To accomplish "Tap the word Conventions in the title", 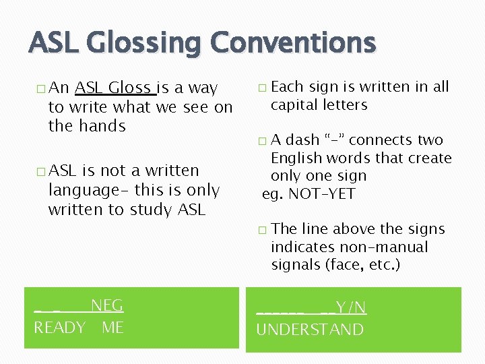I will point(293,42).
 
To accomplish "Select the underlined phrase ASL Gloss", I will point(113,88).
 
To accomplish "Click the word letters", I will point(346,105).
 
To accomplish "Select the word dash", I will point(302,140).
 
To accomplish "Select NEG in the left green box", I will point(107,306).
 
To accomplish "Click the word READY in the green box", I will point(59,328).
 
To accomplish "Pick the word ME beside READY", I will point(112,328).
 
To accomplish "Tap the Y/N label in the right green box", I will point(351,308).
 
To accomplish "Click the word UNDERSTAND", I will point(310,330).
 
